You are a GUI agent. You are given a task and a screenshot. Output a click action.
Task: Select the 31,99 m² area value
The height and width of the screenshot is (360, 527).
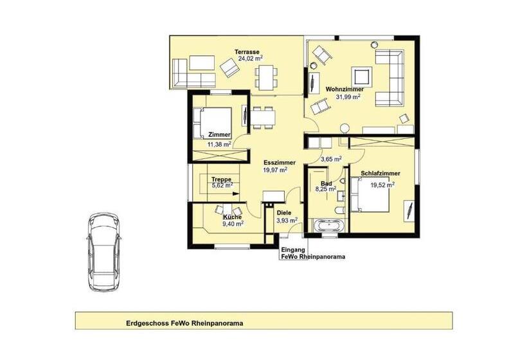click(x=347, y=97)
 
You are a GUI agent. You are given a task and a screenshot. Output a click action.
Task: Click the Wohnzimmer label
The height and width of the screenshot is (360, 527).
click(x=345, y=89)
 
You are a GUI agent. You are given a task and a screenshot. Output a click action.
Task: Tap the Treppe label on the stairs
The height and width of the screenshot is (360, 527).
click(x=221, y=179)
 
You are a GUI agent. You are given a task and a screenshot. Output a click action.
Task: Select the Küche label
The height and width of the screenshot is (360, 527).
click(x=232, y=217)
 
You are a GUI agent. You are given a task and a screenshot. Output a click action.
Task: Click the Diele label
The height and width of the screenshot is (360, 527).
click(x=284, y=212)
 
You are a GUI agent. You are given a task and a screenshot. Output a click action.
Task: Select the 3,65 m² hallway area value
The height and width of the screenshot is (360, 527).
click(x=331, y=158)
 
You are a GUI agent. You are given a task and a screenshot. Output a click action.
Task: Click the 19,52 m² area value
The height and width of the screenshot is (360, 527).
click(x=382, y=183)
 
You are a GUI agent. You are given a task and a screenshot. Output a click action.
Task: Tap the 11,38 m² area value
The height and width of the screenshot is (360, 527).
click(x=219, y=145)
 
